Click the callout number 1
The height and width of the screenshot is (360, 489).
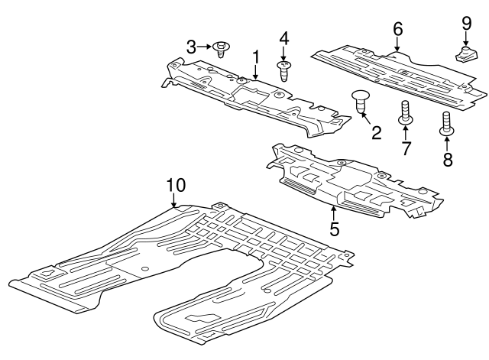[x=256, y=57]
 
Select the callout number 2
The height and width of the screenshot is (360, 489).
[x=376, y=134]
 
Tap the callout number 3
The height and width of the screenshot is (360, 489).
[x=191, y=47]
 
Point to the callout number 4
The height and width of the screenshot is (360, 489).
[x=284, y=38]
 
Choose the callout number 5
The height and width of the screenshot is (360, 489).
[x=334, y=227]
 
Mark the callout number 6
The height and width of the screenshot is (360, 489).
[x=397, y=29]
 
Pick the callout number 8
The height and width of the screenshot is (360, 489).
[x=447, y=159]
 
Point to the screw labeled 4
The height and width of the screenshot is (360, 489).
[x=285, y=72]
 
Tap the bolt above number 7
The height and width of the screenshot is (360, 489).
[x=404, y=112]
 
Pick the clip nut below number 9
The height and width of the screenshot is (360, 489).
[x=465, y=54]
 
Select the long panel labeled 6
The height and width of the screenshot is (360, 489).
[x=397, y=73]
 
